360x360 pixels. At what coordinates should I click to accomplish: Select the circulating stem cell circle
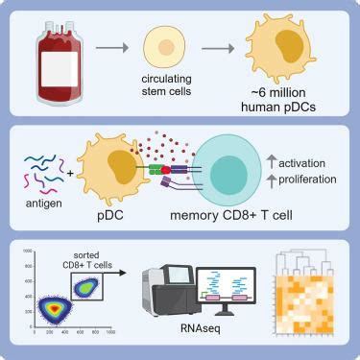click(x=163, y=46)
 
